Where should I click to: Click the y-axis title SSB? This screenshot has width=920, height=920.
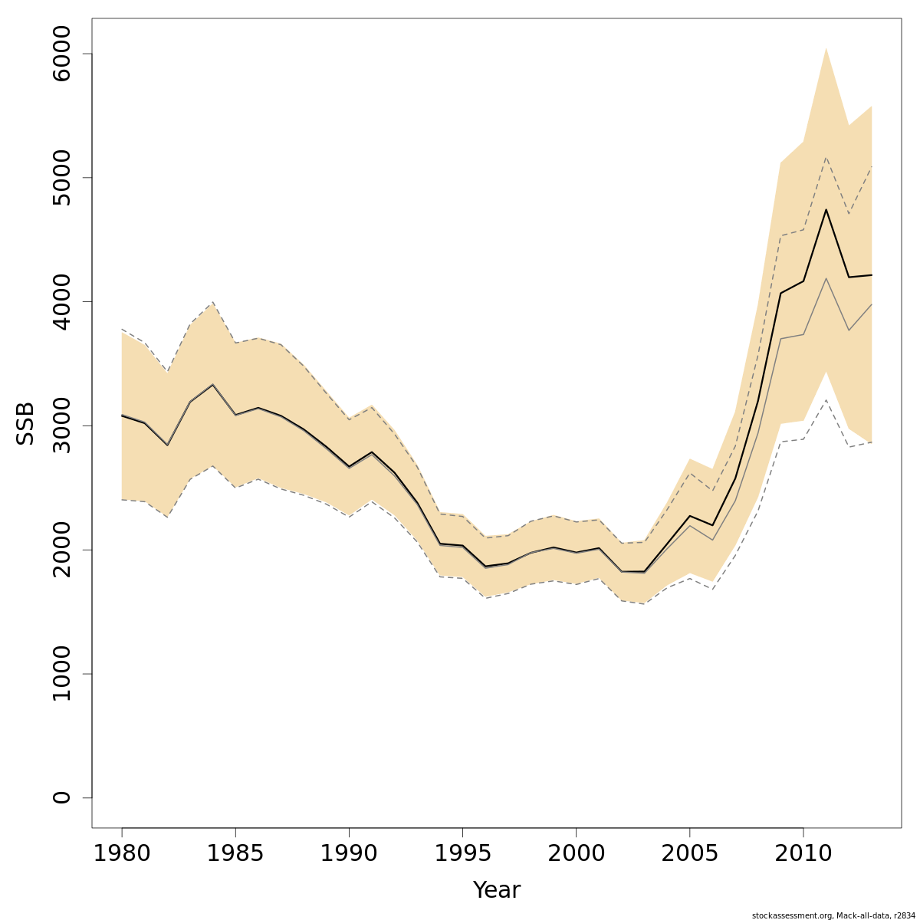pyautogui.click(x=26, y=424)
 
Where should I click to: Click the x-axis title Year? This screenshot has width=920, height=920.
pyautogui.click(x=496, y=890)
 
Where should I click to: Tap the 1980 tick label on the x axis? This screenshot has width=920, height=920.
pyautogui.click(x=122, y=853)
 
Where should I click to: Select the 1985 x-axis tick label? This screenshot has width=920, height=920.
pyautogui.click(x=235, y=853)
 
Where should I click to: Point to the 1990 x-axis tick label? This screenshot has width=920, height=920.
pyautogui.click(x=349, y=853)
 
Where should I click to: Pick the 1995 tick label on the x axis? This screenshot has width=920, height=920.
pyautogui.click(x=462, y=853)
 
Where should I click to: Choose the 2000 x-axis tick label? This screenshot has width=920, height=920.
pyautogui.click(x=576, y=853)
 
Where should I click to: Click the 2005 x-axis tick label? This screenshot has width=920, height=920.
pyautogui.click(x=689, y=853)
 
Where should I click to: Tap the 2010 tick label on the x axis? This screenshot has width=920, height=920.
pyautogui.click(x=803, y=853)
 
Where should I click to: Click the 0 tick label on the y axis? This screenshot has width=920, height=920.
pyautogui.click(x=62, y=797)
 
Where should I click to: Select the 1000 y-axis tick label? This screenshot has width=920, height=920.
pyautogui.click(x=62, y=674)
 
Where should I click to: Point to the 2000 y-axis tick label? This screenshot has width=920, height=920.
pyautogui.click(x=62, y=550)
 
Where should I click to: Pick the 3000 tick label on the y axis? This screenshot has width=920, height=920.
pyautogui.click(x=62, y=426)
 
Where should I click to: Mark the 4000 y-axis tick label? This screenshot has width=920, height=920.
pyautogui.click(x=62, y=301)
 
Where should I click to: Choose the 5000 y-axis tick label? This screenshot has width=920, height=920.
pyautogui.click(x=62, y=178)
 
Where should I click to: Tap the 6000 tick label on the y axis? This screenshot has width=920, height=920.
pyautogui.click(x=62, y=54)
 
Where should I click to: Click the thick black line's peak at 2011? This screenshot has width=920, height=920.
pyautogui.click(x=826, y=209)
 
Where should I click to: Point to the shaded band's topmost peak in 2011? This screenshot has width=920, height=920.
pyautogui.click(x=826, y=48)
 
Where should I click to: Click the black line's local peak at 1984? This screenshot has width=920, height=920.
pyautogui.click(x=212, y=384)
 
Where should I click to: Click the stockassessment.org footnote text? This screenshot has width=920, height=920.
pyautogui.click(x=833, y=915)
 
